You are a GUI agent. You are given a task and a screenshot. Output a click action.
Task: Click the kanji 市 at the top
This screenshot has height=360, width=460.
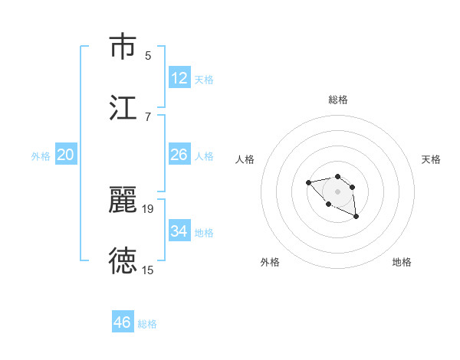(x=123, y=47)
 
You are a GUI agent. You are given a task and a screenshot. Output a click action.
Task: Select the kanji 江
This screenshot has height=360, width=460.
(x=123, y=108)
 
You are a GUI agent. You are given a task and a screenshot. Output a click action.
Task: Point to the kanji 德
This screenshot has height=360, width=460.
(x=123, y=261)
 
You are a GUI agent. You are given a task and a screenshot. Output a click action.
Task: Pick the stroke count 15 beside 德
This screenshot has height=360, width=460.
(x=148, y=270)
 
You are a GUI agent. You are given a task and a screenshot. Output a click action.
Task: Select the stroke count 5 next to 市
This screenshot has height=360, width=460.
(x=148, y=55)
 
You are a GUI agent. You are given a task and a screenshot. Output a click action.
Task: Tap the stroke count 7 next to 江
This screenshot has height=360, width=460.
(x=148, y=116)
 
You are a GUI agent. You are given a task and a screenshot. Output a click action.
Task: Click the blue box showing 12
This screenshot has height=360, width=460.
(x=179, y=78)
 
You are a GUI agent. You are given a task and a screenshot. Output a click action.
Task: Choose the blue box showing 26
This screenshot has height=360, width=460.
(x=179, y=155)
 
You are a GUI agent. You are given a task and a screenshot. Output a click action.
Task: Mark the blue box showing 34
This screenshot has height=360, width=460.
(x=179, y=231)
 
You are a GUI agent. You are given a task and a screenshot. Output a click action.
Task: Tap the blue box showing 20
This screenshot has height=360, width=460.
(x=66, y=155)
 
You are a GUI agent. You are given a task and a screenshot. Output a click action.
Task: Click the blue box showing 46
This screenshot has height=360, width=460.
(x=123, y=322)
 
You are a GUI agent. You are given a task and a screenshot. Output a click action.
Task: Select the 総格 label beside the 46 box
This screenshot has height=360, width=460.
(x=147, y=324)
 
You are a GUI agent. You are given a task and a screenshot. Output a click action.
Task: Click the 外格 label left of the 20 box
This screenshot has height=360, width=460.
(x=41, y=156)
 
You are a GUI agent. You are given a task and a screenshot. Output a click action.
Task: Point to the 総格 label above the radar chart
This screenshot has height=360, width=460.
(x=338, y=100)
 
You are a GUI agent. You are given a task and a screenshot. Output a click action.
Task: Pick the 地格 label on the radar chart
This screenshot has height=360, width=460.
(x=402, y=262)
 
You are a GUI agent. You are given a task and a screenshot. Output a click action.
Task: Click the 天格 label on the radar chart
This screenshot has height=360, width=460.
(x=431, y=159)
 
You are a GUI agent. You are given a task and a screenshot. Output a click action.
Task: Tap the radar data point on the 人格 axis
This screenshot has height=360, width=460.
(x=308, y=182)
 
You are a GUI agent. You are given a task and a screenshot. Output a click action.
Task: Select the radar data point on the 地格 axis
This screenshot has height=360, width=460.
(x=356, y=218)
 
